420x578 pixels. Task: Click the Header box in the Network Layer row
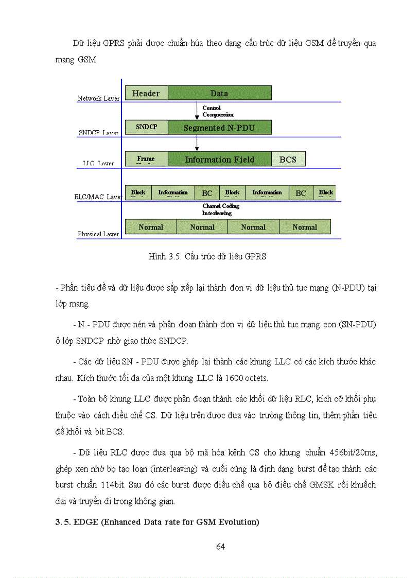tap(146, 93)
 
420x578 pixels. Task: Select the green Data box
tap(219, 93)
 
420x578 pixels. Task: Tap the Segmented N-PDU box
tap(219, 128)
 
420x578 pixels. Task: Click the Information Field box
tap(219, 160)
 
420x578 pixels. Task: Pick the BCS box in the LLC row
tap(288, 160)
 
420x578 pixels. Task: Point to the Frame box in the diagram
tap(146, 159)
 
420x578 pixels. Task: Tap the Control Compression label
tap(217, 111)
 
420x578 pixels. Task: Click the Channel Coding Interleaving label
tap(220, 209)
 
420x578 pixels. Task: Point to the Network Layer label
tap(99, 98)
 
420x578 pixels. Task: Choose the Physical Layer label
tap(99, 234)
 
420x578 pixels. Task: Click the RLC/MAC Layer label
tap(98, 197)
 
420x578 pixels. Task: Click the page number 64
tap(220, 547)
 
